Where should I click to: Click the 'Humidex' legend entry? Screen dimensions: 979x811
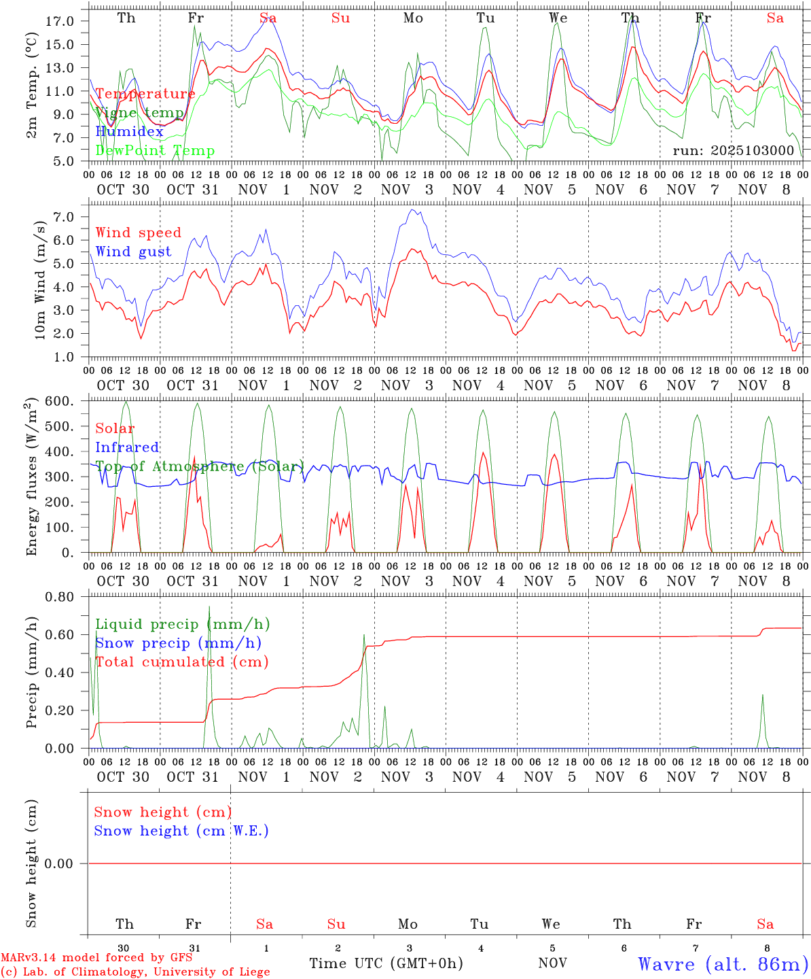[x=129, y=132]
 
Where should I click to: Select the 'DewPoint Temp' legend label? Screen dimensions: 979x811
[x=155, y=151]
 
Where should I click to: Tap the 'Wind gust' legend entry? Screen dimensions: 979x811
[x=133, y=252]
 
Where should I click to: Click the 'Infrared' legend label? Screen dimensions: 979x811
[x=127, y=447]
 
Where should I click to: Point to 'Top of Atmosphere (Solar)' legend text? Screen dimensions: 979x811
[x=200, y=466]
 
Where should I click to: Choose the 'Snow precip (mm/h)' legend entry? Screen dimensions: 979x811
[x=178, y=643]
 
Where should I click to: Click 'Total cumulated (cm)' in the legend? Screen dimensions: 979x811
[x=181, y=662]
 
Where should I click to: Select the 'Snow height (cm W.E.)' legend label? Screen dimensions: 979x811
[x=181, y=831]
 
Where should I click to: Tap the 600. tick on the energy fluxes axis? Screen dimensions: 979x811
[x=60, y=402]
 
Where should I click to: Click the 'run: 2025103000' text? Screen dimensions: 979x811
[x=733, y=151]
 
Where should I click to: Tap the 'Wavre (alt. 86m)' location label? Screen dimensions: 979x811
[x=723, y=964]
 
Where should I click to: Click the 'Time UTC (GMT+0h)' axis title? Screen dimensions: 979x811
[x=386, y=963]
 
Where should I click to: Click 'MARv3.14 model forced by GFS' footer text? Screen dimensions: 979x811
[x=96, y=958]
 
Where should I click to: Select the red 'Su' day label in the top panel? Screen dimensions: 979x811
[x=340, y=18]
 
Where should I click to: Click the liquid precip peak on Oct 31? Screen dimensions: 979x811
[x=209, y=606]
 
